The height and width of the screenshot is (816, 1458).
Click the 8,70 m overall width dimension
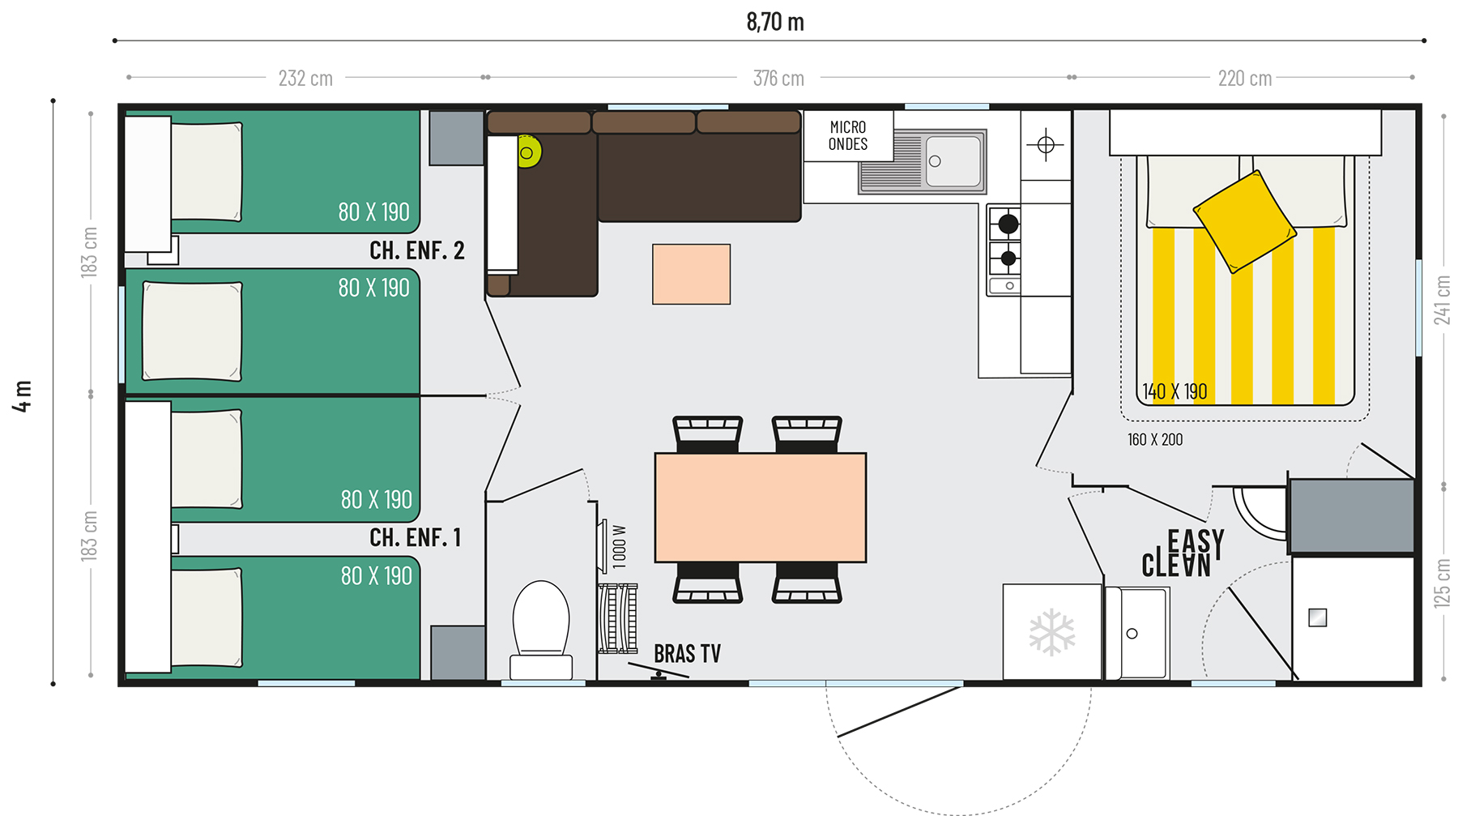point(775,22)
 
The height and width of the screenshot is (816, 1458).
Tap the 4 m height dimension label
point(23,395)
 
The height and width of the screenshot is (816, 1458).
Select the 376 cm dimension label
point(778,79)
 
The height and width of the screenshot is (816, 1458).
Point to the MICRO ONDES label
point(848,136)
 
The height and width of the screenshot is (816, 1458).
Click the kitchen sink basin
point(953,162)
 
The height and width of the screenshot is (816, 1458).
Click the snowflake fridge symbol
point(1052,632)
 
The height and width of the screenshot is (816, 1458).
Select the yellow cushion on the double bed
point(1244,221)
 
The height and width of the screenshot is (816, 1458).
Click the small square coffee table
point(691,274)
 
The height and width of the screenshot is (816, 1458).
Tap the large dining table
point(760,507)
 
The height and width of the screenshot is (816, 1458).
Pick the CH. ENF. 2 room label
point(417,251)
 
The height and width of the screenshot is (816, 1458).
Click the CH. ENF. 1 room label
point(416,537)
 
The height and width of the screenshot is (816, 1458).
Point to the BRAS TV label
point(687,654)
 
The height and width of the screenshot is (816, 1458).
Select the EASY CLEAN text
point(1183,553)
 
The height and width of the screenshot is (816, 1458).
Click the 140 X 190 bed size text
point(1174,392)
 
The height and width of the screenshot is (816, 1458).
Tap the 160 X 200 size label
point(1155,440)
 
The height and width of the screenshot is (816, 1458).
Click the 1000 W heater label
point(620,547)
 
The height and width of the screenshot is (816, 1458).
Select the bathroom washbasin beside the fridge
point(1137,633)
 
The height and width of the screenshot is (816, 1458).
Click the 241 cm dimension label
point(1443,301)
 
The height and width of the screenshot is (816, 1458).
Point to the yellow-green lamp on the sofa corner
point(528,152)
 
